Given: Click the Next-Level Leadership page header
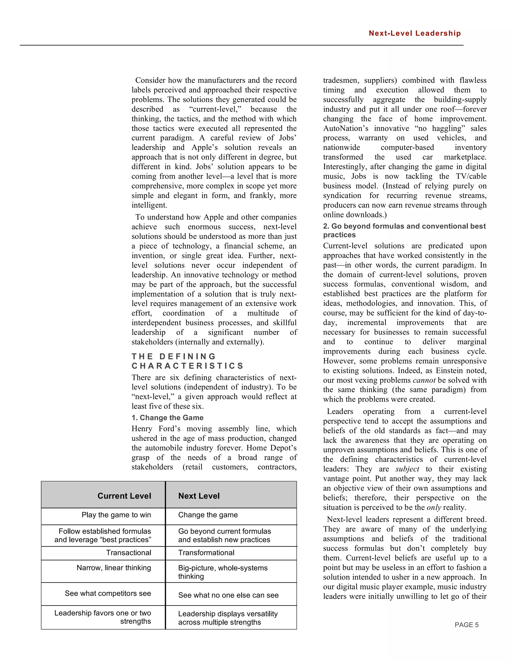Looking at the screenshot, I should [x=414, y=33].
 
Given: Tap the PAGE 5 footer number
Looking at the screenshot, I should [x=467, y=625].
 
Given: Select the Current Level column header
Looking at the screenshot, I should [x=124, y=496].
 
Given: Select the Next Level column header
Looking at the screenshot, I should [x=199, y=496].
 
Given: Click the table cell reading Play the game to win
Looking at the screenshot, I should [x=116, y=515].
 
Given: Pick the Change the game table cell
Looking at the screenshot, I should [x=208, y=515].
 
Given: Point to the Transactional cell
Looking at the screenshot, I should [x=128, y=553].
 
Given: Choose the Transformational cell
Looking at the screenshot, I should [x=206, y=553].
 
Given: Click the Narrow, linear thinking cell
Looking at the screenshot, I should [x=114, y=567].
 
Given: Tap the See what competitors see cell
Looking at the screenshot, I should [x=108, y=593].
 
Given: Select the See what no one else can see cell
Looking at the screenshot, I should [x=228, y=595].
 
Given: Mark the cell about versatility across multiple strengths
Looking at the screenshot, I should [x=228, y=618].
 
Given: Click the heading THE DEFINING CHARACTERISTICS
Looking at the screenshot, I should [x=188, y=361].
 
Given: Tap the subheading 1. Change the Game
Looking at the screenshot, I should [x=167, y=418].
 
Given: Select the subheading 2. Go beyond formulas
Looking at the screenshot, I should [x=404, y=230].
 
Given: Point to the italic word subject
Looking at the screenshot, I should [x=407, y=469].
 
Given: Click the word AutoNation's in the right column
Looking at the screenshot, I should [x=345, y=128].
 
